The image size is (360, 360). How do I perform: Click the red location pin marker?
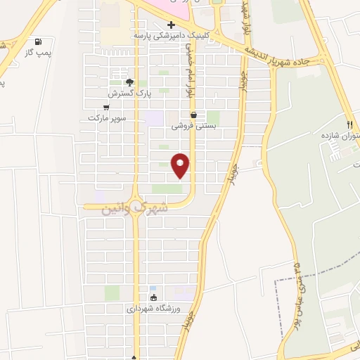pos(181,165)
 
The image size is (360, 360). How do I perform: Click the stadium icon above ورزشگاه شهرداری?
pos(153,297)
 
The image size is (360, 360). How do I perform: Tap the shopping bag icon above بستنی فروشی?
pos(193,115)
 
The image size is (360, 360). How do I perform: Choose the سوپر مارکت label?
pos(107,118)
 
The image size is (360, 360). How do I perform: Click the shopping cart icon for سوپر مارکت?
pos(106,108)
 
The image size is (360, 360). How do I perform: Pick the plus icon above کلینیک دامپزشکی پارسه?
pos(170,24)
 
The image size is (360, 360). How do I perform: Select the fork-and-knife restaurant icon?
pos(349,124)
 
